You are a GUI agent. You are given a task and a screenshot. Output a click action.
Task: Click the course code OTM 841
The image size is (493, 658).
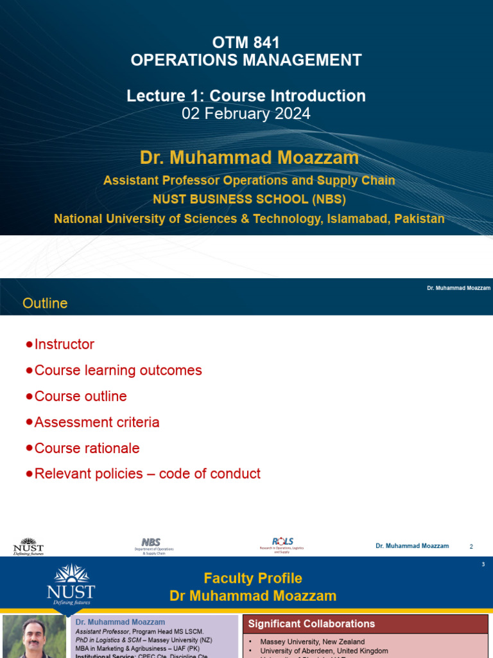246,43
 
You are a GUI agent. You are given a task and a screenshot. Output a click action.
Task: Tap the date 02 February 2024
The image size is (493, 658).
246,114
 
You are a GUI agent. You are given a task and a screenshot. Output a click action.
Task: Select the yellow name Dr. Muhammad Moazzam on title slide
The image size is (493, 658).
249,158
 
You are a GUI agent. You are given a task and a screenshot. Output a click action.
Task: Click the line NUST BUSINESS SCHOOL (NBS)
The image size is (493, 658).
249,199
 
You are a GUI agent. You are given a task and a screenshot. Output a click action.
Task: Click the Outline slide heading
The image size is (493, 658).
45,303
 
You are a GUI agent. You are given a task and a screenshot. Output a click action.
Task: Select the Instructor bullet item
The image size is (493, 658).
64,344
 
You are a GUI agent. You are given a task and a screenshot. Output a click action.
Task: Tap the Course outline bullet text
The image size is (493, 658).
80,396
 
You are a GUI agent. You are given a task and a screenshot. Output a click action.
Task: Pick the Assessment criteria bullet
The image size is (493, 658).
97,422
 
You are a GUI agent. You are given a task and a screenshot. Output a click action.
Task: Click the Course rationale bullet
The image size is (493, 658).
87,448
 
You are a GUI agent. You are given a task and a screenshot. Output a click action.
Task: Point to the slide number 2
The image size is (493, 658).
471,546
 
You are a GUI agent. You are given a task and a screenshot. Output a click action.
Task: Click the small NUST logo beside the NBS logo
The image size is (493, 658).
28,546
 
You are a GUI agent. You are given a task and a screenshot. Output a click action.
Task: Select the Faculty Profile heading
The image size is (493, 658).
252,578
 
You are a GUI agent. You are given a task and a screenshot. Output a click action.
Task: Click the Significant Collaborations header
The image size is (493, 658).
312,624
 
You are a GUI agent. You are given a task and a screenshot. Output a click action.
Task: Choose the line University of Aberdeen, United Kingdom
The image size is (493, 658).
324,651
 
